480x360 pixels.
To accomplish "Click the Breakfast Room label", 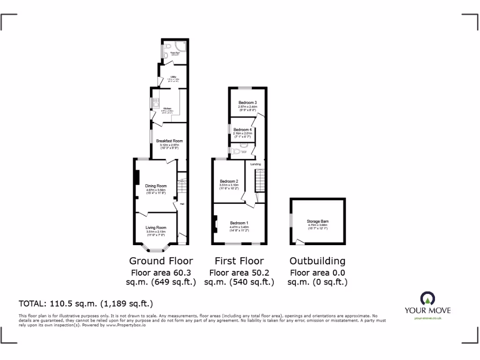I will coord(169,141).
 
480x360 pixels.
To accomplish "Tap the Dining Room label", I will coord(156,186).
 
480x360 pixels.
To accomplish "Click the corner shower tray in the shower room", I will coord(180,47).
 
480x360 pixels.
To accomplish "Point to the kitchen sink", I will coord(153,102).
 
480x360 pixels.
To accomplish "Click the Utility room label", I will coord(173,77).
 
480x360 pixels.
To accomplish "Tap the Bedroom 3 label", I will coord(247,102).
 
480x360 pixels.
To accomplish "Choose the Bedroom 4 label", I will coord(243,129).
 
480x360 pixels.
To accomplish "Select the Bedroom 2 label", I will coord(229,181).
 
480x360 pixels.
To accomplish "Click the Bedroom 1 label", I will coord(239,223).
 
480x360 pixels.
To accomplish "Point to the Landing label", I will coord(255,165).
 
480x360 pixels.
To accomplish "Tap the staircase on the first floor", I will coord(260,180).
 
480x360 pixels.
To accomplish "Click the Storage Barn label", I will coord(317,221).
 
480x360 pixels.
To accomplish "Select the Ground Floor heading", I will coord(161,261).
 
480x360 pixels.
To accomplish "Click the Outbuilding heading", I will coord(317,261).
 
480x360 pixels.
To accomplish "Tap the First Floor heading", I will coord(239,261).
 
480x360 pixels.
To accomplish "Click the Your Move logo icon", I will coord(427,298).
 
